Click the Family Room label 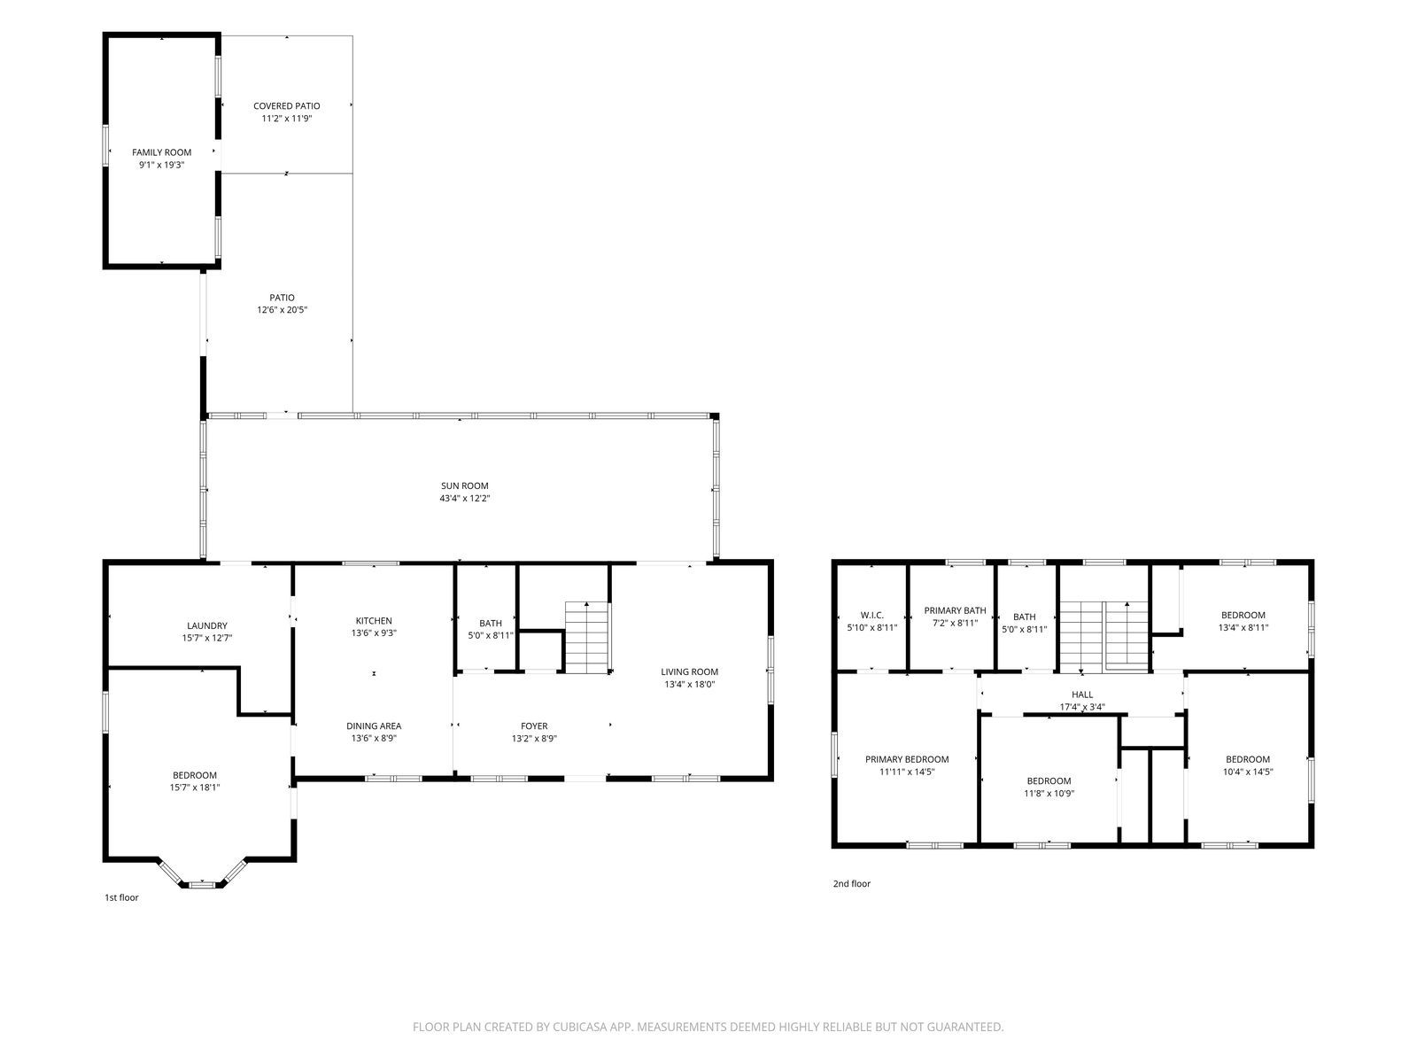pos(161,152)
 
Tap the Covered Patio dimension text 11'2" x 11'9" pos(287,118)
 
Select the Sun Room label pos(464,486)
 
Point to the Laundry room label pos(206,625)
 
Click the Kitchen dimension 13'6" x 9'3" pos(374,633)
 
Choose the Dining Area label pos(374,726)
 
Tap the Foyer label pos(534,726)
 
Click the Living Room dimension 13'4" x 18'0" pos(689,684)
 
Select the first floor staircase pos(587,638)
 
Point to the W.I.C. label pos(872,615)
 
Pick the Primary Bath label pos(955,610)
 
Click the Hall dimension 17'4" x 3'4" pos(1082,707)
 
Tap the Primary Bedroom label pos(907,759)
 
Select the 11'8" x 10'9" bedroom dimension pos(1049,793)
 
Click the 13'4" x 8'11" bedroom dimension pos(1243,627)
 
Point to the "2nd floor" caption pos(851,883)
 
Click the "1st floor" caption pos(121,897)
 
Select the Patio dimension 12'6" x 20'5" pos(283,310)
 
